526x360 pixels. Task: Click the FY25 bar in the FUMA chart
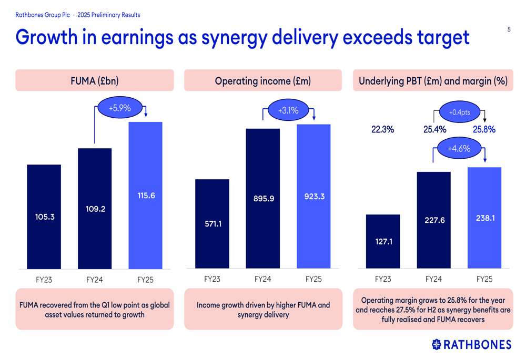[x=146, y=195]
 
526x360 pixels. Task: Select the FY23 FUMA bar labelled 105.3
[x=44, y=217]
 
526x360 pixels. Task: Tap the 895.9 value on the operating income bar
[x=264, y=199]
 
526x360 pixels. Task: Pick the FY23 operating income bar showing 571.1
[x=213, y=224]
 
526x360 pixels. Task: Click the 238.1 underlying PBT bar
[x=484, y=218]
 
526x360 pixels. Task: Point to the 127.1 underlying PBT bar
[x=383, y=241]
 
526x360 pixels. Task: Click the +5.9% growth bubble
[x=119, y=108]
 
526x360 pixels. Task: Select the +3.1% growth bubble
[x=288, y=110]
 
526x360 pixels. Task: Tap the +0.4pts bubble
[x=459, y=112]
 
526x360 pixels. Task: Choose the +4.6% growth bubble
[x=459, y=149]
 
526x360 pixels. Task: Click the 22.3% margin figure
[x=382, y=129]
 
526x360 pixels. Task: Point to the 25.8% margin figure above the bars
[x=484, y=129]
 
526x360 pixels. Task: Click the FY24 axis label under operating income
[x=263, y=279]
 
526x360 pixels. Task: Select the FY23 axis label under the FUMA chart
[x=44, y=280]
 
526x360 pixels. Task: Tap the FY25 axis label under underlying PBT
[x=484, y=279]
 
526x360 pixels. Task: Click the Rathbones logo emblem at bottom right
[x=437, y=344]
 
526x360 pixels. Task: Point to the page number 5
[x=509, y=29]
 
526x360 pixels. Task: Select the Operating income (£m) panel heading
[x=263, y=81]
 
